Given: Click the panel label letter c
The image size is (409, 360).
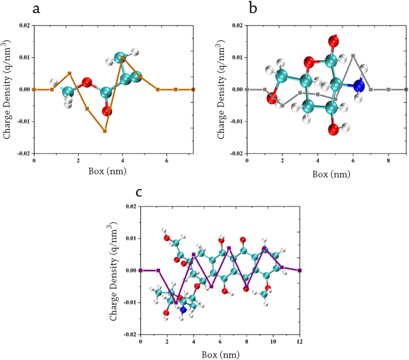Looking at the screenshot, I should (139, 192).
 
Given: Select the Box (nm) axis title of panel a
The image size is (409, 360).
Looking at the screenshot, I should (113, 173).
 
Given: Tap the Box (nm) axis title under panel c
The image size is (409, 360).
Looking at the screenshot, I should (220, 353).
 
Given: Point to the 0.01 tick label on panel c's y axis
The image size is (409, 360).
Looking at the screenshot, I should (127, 239).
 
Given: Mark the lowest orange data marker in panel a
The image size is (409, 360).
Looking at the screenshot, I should (104, 131).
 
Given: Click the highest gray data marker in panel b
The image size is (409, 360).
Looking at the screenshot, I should (353, 56).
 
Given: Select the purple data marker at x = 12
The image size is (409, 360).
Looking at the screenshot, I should (300, 270).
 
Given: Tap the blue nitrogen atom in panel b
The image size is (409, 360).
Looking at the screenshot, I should (359, 86).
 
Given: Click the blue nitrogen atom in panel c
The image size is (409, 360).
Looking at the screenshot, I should (183, 310).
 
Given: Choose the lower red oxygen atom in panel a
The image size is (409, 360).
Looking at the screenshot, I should (107, 111).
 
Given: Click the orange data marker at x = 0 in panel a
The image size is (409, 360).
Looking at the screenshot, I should (34, 90).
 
